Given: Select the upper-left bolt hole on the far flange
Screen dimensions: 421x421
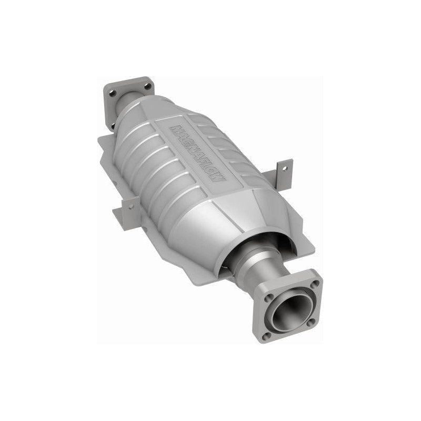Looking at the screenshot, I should click(x=112, y=93).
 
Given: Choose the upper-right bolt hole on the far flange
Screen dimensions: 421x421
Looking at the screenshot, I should click(x=148, y=85).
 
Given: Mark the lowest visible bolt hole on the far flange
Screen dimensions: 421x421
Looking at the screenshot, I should click(x=112, y=126).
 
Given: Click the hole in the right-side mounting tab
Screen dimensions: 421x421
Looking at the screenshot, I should click(x=284, y=169).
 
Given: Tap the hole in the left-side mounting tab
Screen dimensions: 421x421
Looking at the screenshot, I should click(x=131, y=207).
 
